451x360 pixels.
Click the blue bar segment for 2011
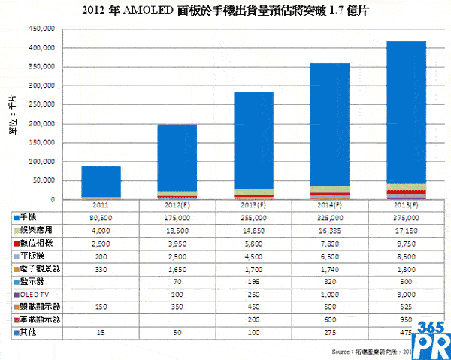coord(101,181)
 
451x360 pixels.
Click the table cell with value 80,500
coord(101,216)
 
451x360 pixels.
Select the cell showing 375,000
coord(406,216)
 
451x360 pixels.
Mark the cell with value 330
coord(101,268)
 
